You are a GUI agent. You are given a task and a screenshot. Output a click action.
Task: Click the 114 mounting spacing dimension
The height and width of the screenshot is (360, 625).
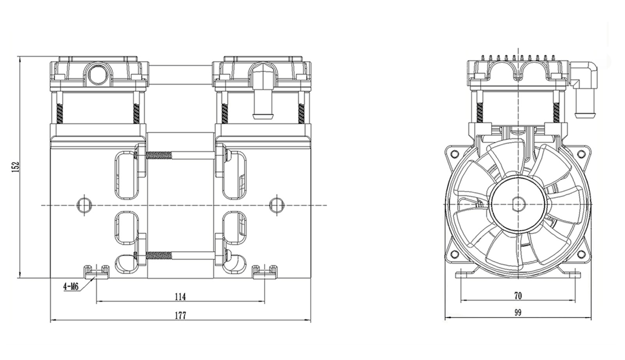[x=180, y=297]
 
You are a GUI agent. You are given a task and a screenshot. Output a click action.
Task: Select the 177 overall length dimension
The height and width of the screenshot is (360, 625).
[x=180, y=315]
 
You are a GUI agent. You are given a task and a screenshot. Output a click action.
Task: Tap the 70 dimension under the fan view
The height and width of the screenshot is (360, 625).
[x=518, y=296]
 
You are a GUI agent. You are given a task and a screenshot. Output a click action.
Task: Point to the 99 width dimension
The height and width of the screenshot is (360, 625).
[x=518, y=313]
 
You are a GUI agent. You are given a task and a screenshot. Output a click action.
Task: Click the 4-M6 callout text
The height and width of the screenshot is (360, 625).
[x=71, y=287]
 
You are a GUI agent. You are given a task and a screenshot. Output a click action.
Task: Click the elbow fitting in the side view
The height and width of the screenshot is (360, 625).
[x=584, y=86]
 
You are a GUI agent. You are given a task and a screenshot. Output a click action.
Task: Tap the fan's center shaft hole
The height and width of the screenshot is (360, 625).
[x=518, y=204]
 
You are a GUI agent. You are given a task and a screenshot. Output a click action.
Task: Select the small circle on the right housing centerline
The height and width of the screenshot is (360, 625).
[x=277, y=204]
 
